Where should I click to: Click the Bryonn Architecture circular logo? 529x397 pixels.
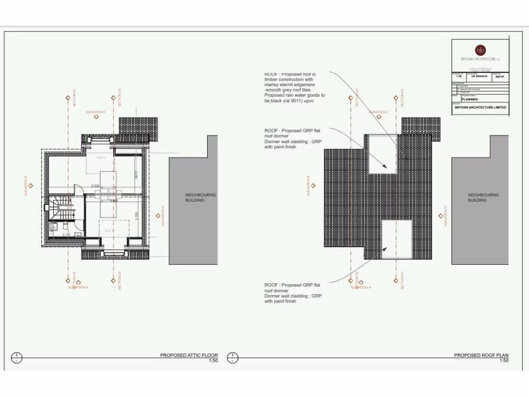point(480,50)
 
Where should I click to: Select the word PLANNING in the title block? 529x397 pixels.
point(470,99)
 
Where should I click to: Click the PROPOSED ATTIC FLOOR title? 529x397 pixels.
point(189,355)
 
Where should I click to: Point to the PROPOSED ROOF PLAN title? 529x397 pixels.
point(481,355)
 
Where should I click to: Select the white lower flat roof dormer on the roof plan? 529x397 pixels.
point(397,239)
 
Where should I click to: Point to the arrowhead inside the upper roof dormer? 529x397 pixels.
point(385,166)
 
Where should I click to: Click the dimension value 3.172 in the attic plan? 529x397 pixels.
point(66,235)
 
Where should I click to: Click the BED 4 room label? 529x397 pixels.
point(101,157)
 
